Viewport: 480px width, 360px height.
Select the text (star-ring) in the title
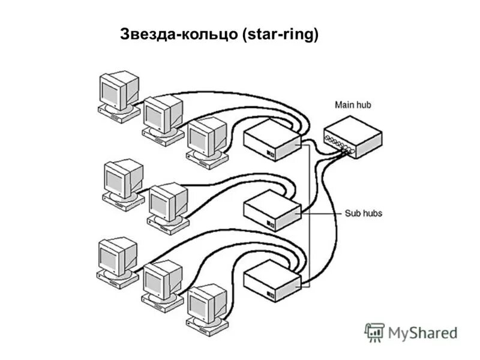[x=280, y=35]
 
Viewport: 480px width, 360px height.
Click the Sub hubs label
[x=364, y=213]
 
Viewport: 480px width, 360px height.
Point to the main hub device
[x=352, y=137]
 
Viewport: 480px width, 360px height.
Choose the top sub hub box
[x=271, y=140]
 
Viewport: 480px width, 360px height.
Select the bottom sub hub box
[x=272, y=281]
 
